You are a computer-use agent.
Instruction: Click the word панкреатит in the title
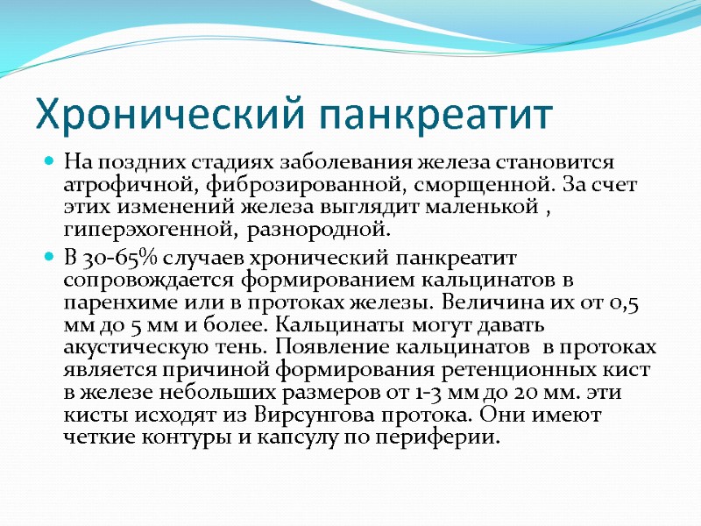coord(435,115)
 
